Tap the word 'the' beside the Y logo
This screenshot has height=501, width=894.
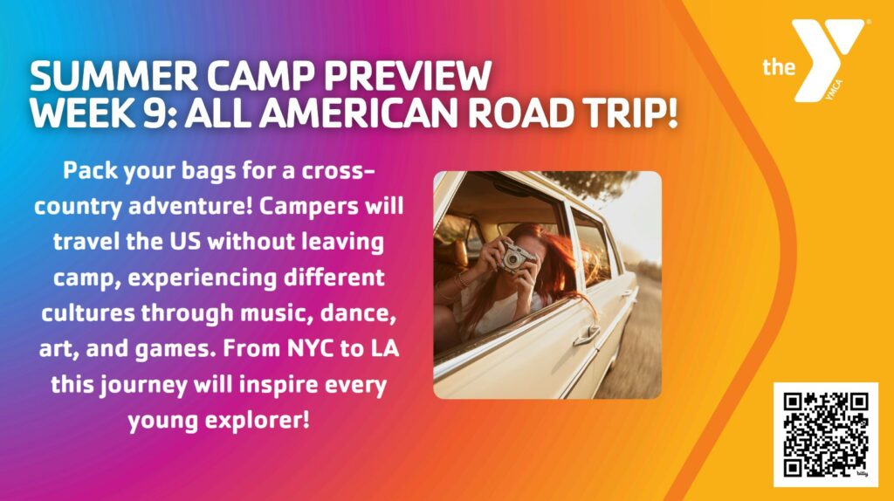click(779, 67)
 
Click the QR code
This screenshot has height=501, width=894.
click(826, 435)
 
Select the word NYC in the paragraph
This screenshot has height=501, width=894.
click(310, 348)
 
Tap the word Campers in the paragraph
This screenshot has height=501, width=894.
click(308, 207)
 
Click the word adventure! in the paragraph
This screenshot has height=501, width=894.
click(190, 206)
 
